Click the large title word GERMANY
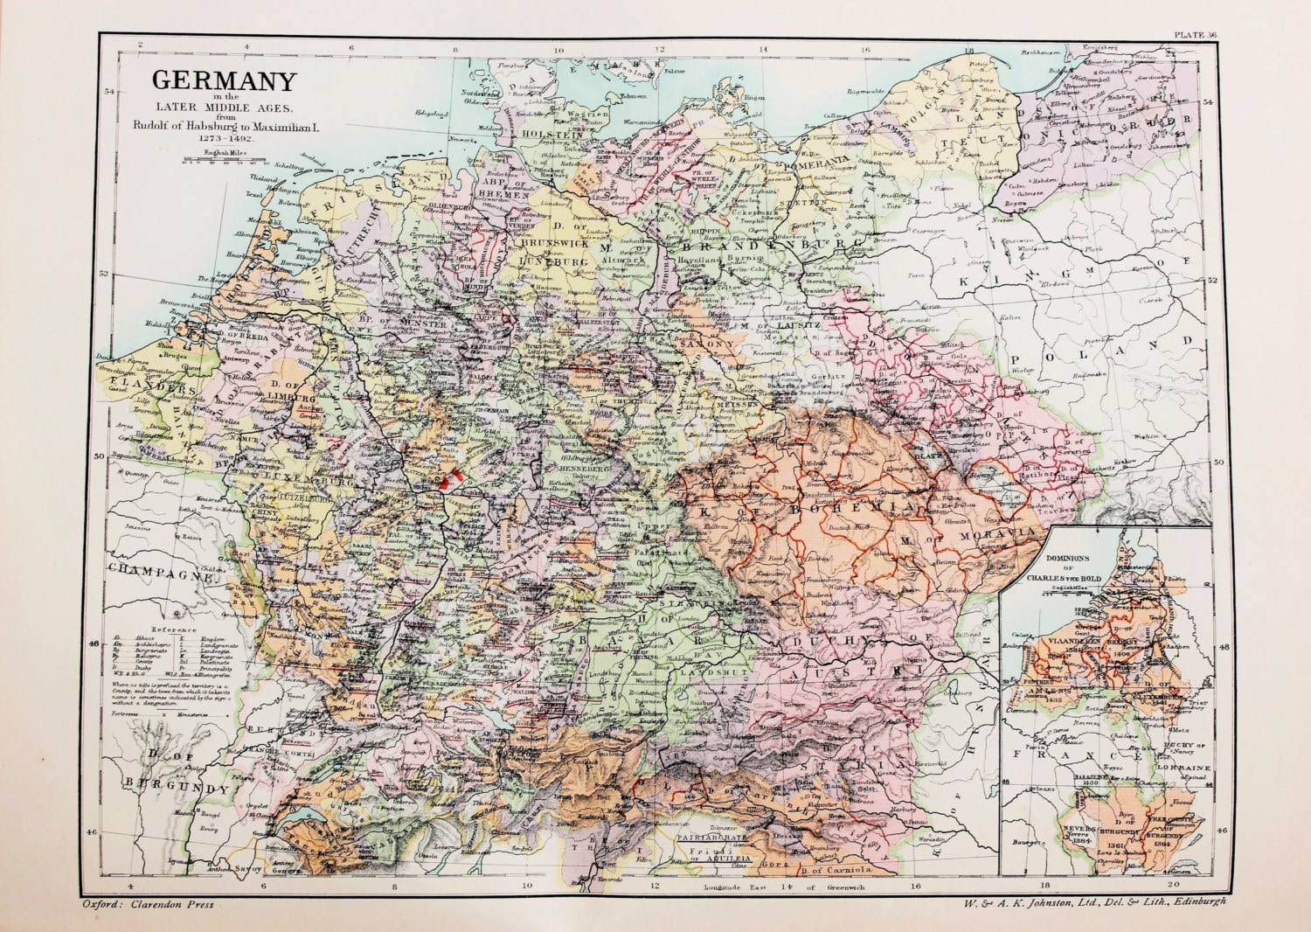tap(225, 81)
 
